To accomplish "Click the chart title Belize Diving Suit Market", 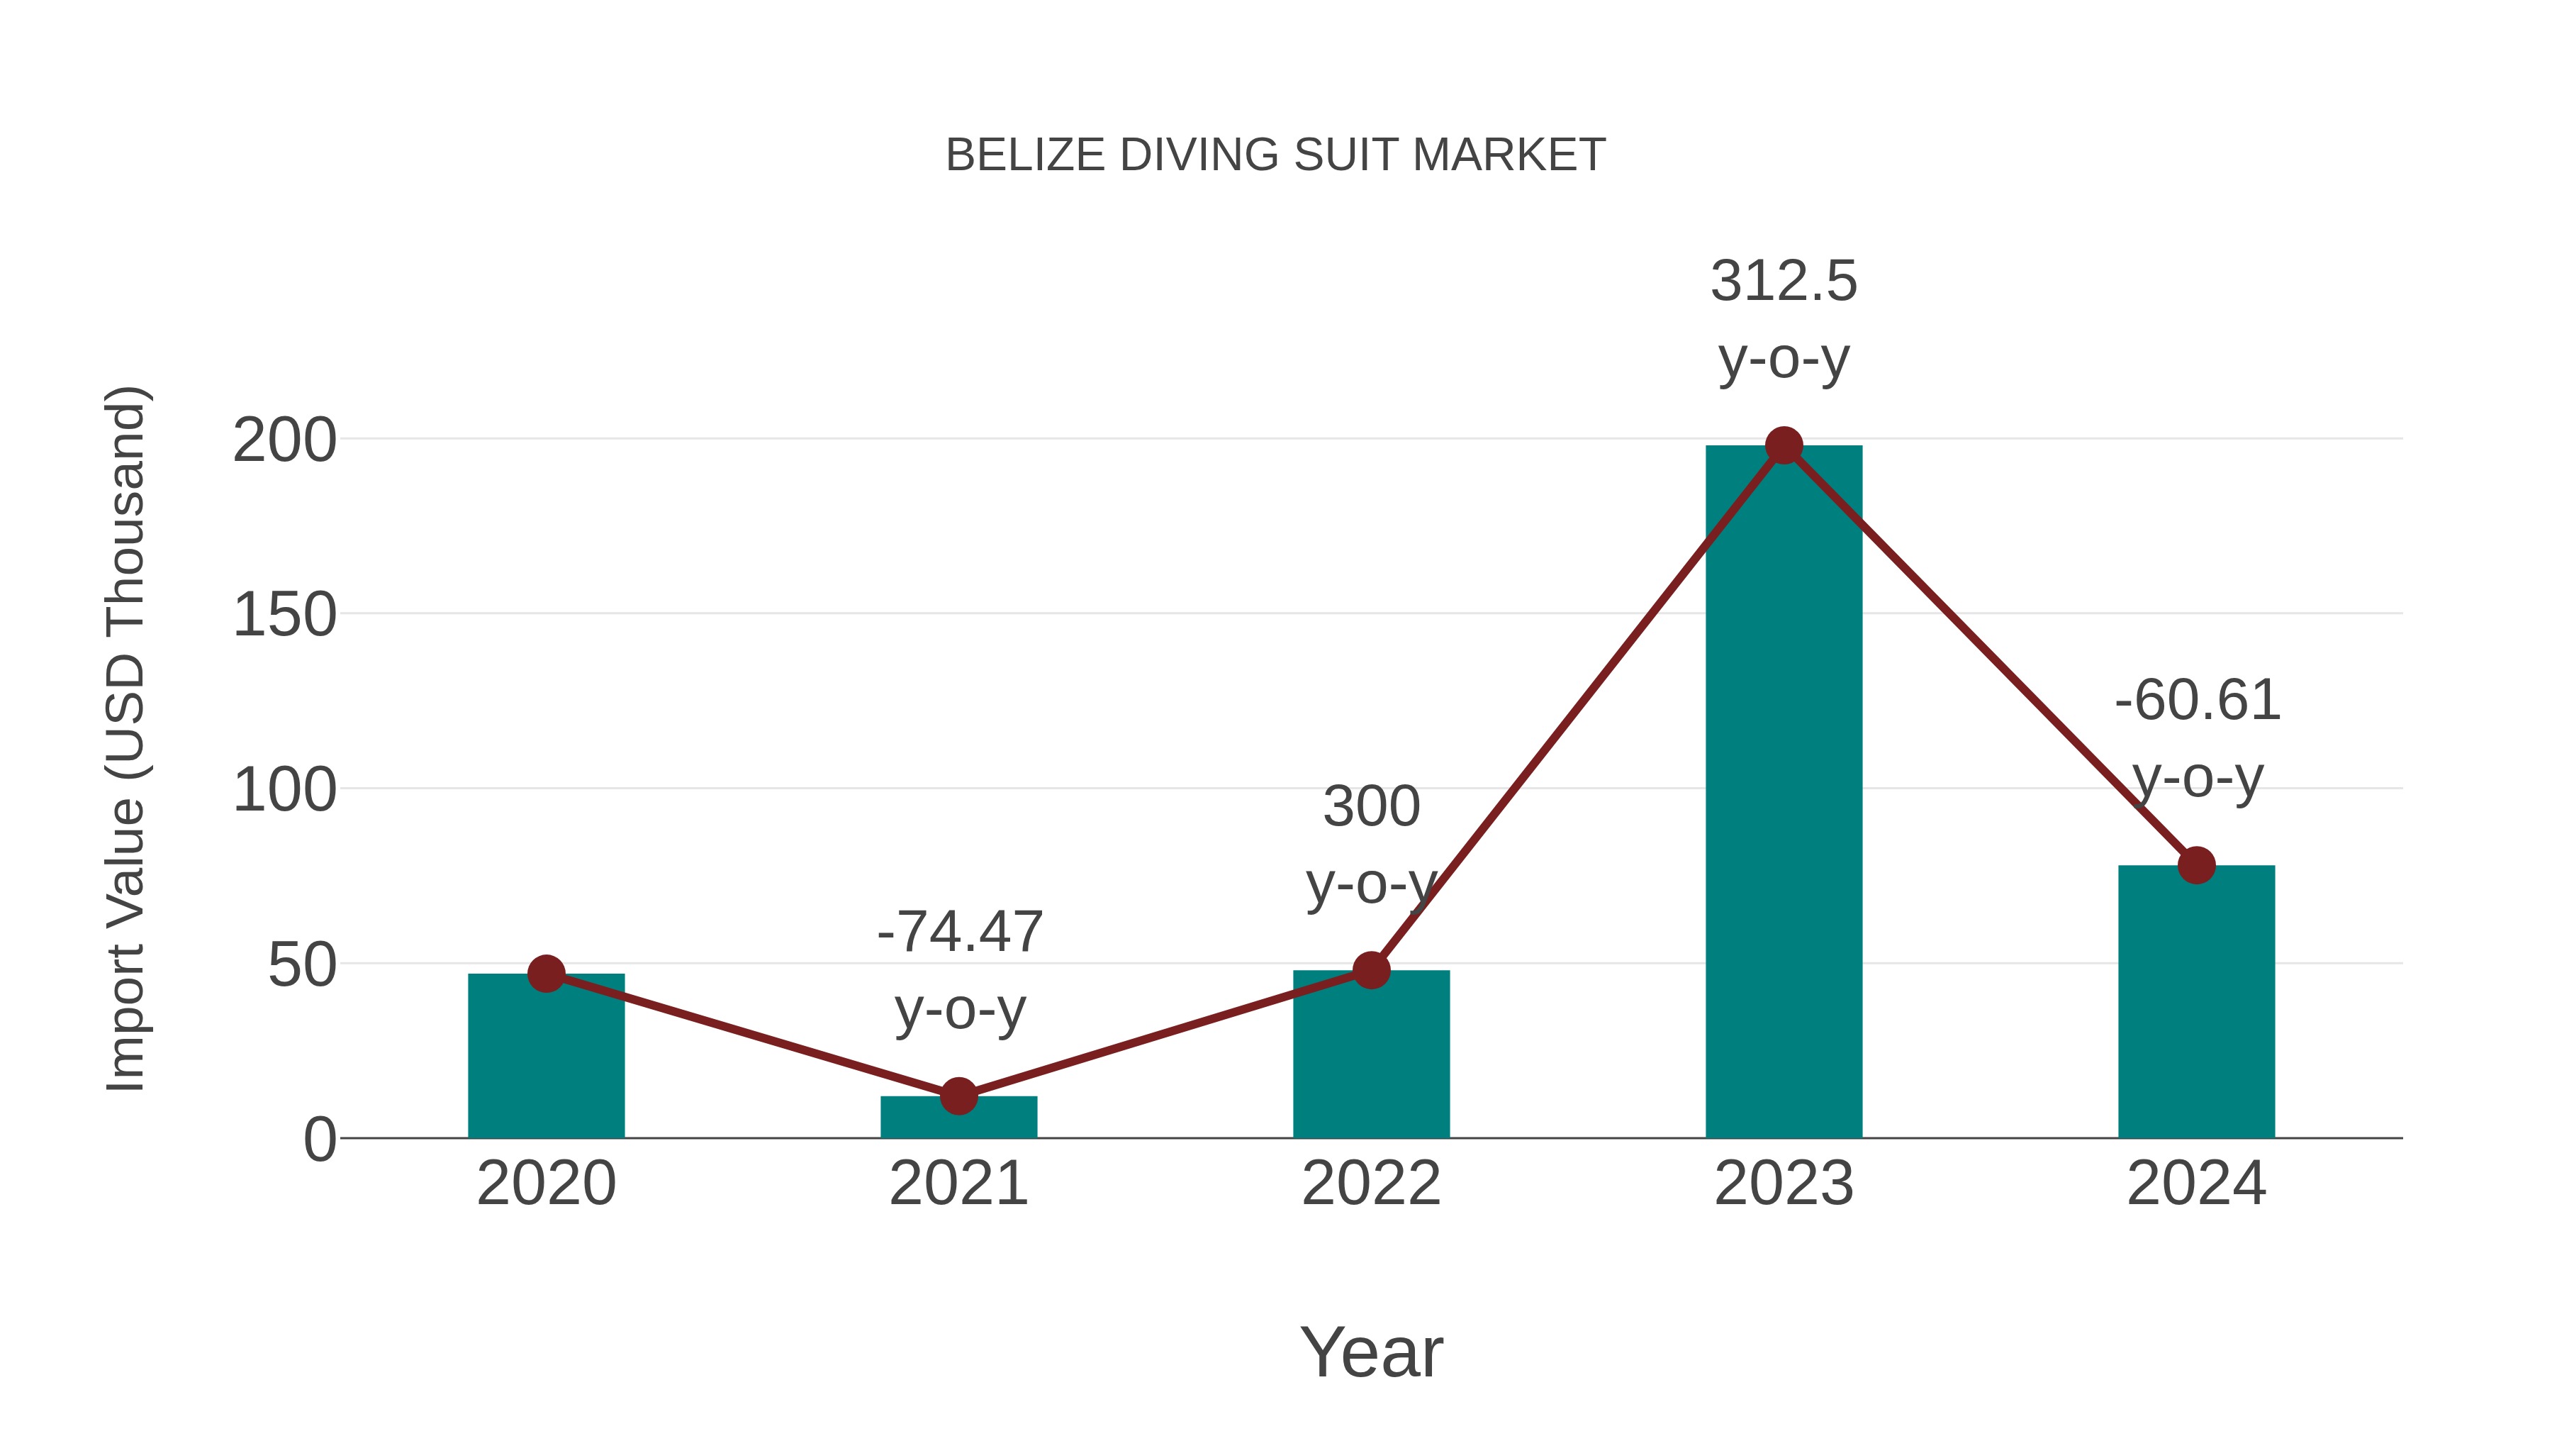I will [x=1275, y=155].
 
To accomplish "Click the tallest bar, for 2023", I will [x=1784, y=793].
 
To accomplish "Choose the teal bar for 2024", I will [x=2195, y=1001].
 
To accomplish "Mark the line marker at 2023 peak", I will [x=1784, y=446].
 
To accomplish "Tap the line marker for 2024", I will [x=2195, y=865].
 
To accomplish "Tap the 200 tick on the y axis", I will [x=284, y=441].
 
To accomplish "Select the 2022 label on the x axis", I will [x=1370, y=1184].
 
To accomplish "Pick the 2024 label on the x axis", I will [x=2195, y=1184].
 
